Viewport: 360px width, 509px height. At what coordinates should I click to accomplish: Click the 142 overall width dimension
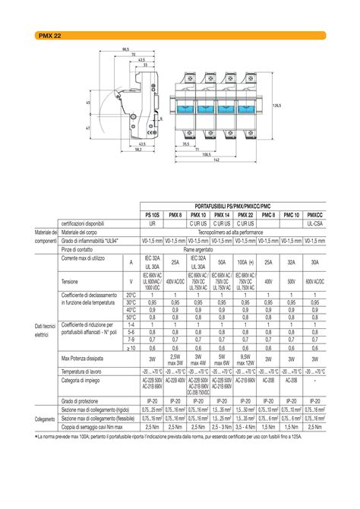point(216,160)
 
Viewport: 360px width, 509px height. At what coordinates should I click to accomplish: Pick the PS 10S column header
point(153,215)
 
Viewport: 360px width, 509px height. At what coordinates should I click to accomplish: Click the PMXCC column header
point(314,215)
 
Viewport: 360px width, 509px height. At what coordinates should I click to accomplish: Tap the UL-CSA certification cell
point(314,224)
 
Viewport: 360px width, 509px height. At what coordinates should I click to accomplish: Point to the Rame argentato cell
point(198,248)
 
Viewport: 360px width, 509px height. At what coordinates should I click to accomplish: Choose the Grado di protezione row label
point(79,400)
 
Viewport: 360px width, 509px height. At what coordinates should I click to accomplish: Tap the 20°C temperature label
point(131,295)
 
